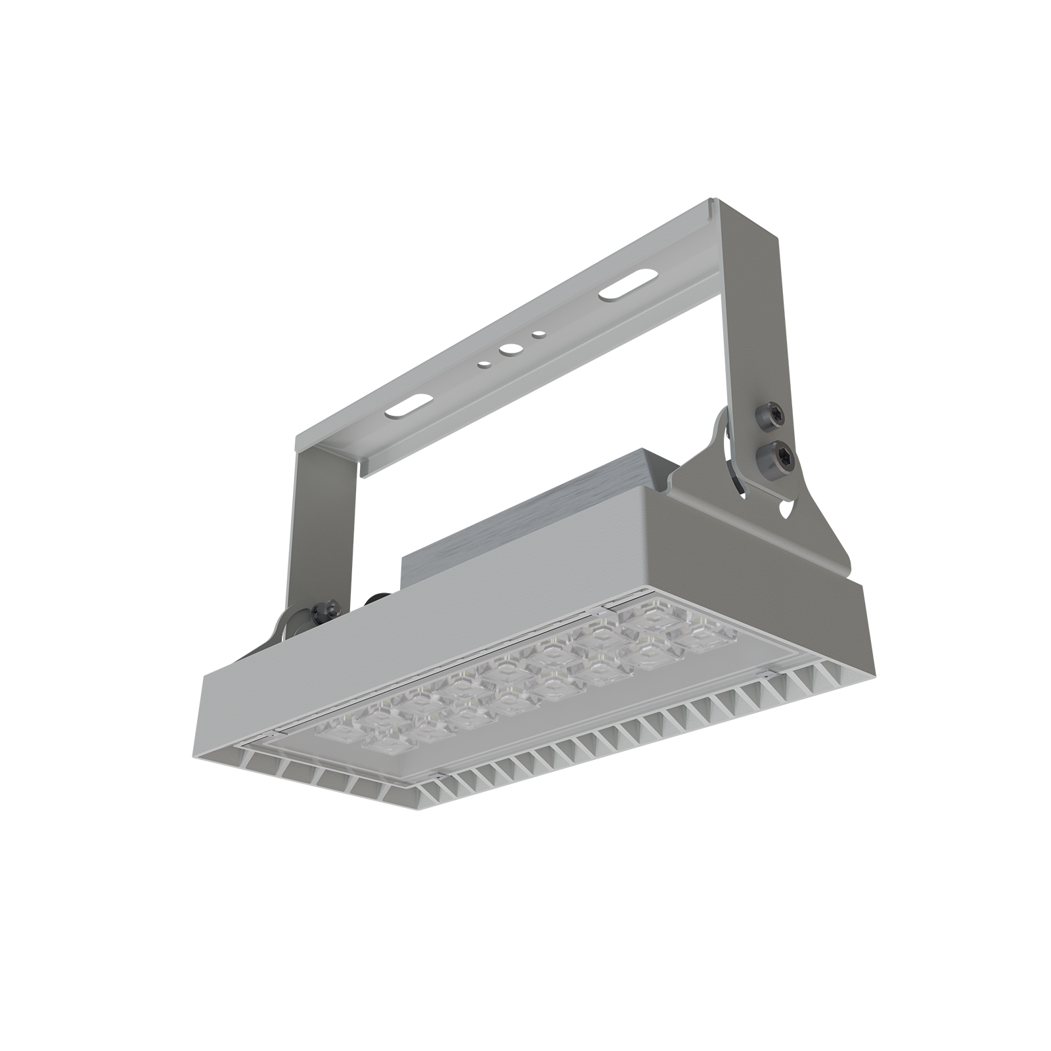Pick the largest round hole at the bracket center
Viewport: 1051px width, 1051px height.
pos(508,352)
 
